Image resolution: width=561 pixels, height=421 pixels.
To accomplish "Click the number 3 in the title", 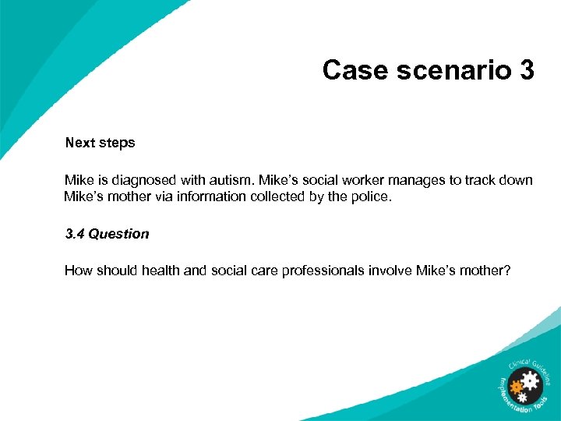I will (525, 70).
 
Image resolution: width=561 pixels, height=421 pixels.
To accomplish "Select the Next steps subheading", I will (100, 143).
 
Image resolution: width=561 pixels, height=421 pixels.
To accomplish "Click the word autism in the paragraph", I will (233, 180).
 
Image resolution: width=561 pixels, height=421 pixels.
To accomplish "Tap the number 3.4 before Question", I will (75, 234).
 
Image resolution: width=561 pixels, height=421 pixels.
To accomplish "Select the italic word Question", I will (118, 234).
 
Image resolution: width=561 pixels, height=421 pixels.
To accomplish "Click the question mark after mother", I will (508, 271).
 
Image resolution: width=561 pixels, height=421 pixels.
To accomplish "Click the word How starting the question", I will (77, 271).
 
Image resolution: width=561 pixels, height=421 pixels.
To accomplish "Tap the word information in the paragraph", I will (212, 196).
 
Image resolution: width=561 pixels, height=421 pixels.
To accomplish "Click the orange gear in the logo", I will (515, 386).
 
